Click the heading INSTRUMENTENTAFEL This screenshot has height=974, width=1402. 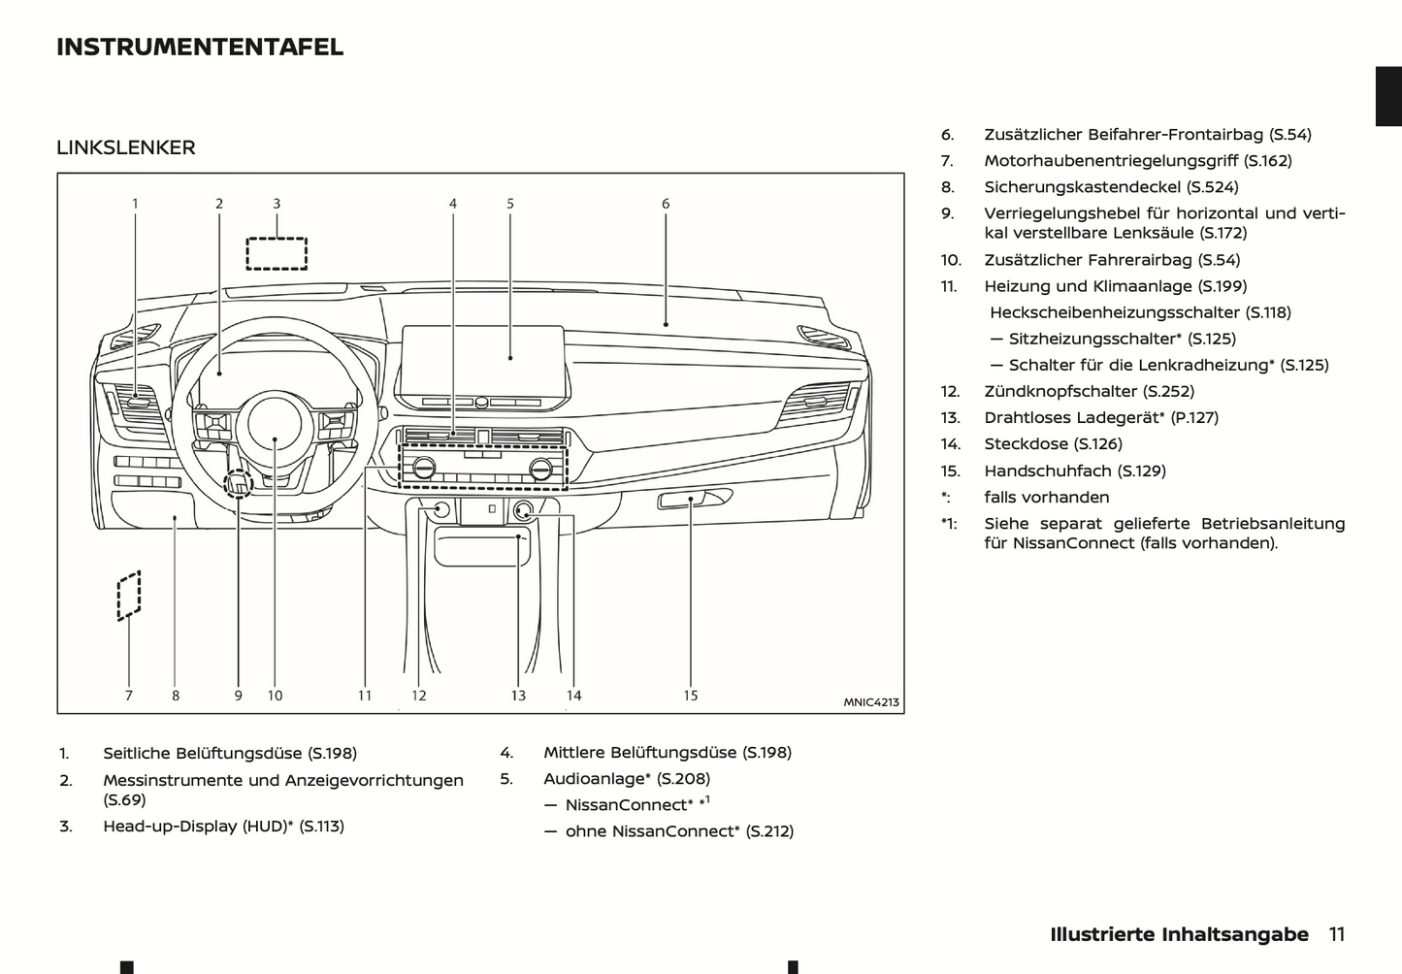pos(200,47)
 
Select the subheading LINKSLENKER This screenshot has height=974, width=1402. pos(126,147)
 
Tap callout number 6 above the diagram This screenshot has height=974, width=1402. pos(666,204)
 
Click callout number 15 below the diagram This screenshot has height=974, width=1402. pos(690,696)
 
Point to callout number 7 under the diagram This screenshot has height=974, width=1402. pos(128,696)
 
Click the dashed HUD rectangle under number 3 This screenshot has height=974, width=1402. pos(277,253)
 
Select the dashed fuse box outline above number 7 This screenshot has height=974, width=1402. pos(129,595)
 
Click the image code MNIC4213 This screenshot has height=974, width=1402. pos(870,702)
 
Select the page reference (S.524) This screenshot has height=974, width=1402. pos(1213,187)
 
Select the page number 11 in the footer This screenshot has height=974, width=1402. pos(1336,934)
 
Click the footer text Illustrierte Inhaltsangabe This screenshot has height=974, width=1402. pos(1179,934)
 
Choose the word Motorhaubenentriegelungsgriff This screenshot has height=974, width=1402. pos(1111,161)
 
